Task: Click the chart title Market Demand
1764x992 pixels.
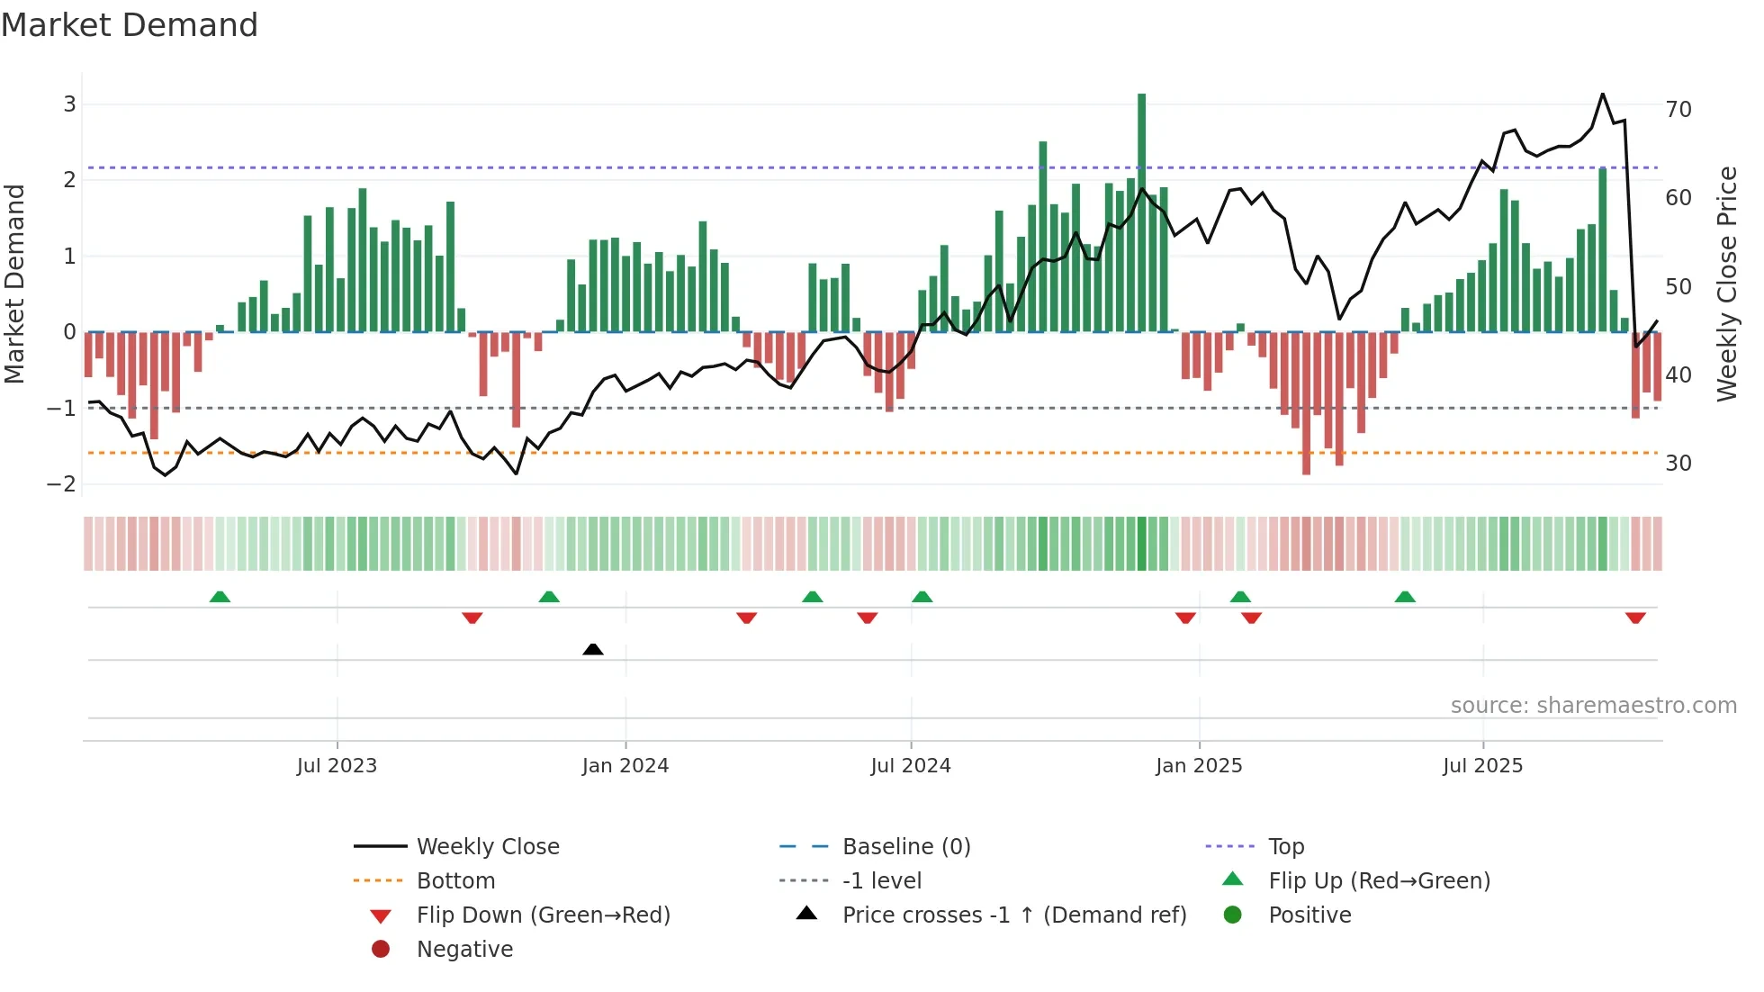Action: coord(130,25)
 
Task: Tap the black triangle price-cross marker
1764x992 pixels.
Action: coord(592,649)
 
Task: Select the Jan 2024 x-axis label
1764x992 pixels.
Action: coord(625,766)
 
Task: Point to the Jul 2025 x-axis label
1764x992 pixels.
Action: coord(1482,766)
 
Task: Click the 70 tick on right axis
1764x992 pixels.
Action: coord(1678,109)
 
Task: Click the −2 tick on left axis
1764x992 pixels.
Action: coord(62,483)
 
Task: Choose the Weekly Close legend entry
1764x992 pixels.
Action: coord(487,846)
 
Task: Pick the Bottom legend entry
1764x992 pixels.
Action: coord(455,880)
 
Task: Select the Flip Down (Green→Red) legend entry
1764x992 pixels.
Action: coord(543,915)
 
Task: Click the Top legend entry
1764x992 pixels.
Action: coord(1286,846)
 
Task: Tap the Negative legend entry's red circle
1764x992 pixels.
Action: coord(381,949)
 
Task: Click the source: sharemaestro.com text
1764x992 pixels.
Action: coord(1593,705)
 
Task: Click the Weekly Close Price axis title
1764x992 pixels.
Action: coord(1726,284)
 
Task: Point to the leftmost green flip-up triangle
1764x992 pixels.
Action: coord(220,597)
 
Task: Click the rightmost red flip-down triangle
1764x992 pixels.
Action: coord(1635,618)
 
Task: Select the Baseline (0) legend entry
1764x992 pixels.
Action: coord(905,846)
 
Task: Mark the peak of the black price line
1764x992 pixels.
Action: coord(1602,94)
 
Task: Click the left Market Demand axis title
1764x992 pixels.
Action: coord(14,284)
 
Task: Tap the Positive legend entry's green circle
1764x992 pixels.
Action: coord(1233,915)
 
